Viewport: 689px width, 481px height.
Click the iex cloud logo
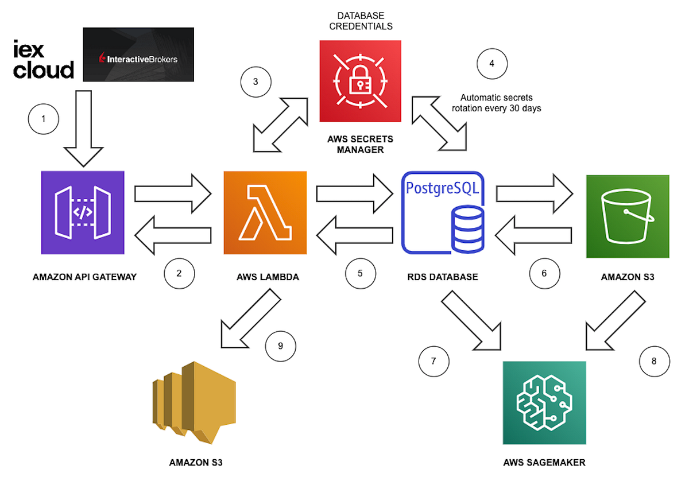point(44,60)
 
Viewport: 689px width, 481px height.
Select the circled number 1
point(44,120)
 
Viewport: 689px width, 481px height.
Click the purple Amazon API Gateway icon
point(83,213)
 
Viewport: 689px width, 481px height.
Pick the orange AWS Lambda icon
point(265,213)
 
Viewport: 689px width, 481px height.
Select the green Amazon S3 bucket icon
point(627,216)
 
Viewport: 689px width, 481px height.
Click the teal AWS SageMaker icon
point(544,402)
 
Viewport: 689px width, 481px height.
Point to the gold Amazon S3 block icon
point(193,402)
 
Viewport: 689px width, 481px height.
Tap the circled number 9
point(280,346)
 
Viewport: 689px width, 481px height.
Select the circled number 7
point(433,361)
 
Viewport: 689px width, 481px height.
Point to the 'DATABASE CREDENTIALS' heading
point(361,21)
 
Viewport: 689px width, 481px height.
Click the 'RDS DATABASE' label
point(443,277)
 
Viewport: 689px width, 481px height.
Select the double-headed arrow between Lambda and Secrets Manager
point(281,125)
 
